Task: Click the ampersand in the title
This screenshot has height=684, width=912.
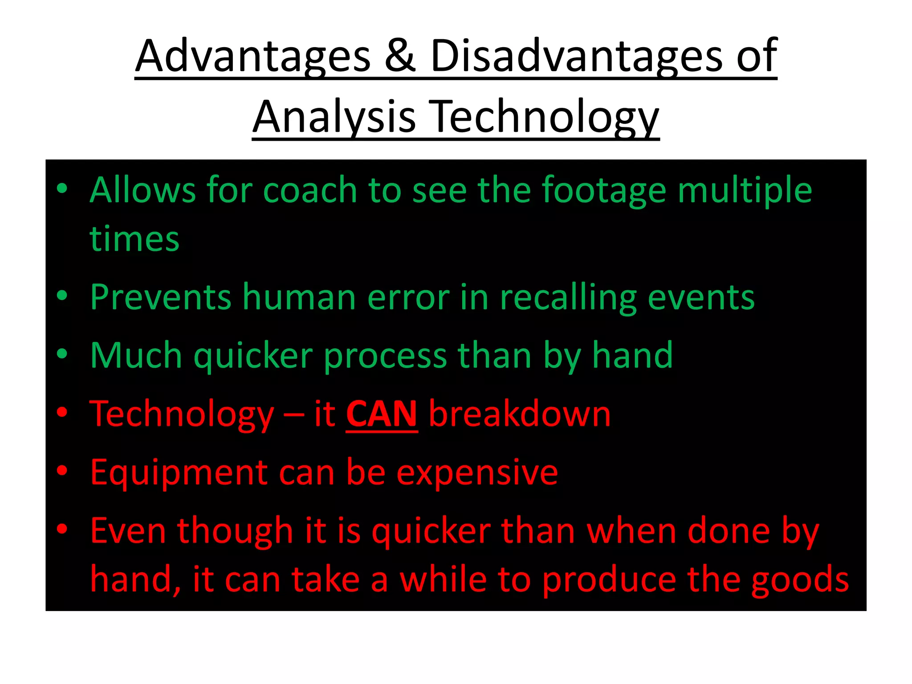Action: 400,57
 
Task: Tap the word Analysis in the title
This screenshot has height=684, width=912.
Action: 334,117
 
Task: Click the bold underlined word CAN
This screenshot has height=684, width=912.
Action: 382,414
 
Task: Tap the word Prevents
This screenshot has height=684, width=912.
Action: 160,297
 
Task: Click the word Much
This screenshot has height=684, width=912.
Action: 136,356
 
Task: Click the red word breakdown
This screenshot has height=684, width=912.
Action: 520,414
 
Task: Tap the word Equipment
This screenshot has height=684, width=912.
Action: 179,473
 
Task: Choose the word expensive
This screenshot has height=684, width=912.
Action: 477,473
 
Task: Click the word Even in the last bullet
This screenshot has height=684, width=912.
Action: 128,531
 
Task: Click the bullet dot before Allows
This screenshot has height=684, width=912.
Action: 62,189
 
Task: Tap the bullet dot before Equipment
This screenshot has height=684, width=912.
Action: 62,470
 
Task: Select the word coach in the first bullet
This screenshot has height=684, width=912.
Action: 310,191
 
